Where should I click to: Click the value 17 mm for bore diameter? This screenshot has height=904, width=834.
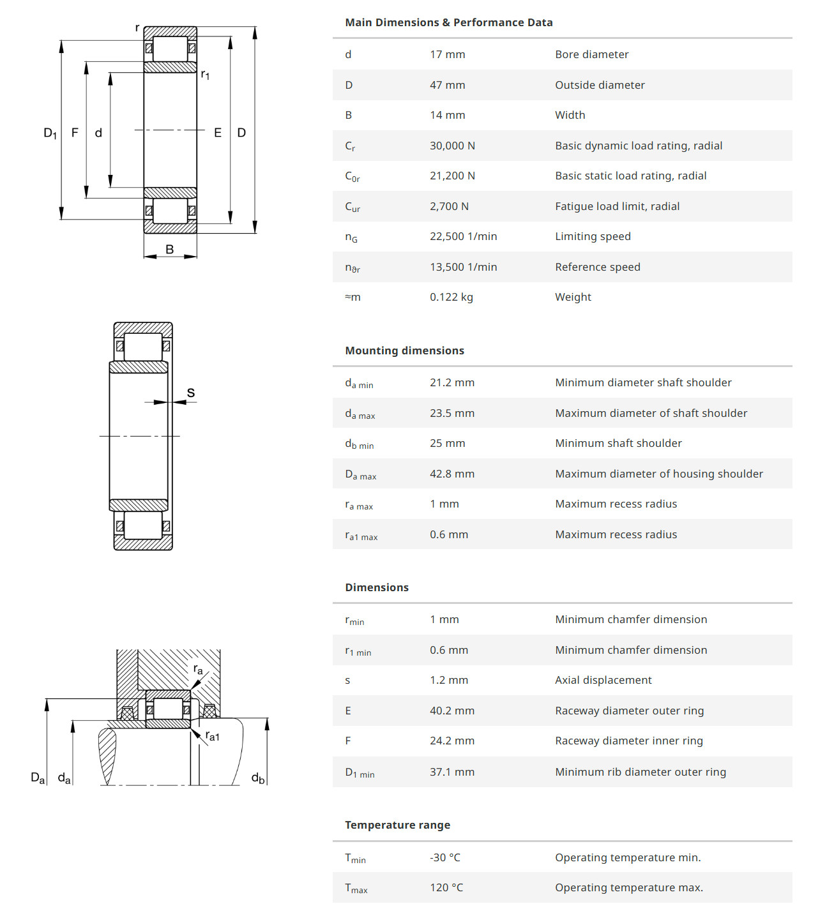[447, 55]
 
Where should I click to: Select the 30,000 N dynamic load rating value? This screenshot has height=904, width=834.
[452, 146]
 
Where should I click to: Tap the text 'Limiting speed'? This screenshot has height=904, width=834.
[593, 237]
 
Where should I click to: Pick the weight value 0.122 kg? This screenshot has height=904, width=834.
[451, 298]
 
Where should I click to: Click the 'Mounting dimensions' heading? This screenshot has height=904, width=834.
[404, 350]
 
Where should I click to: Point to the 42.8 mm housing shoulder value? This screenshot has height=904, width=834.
[451, 474]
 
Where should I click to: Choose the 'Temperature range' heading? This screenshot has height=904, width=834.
[397, 825]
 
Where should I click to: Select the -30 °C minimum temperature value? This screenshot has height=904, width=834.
[444, 857]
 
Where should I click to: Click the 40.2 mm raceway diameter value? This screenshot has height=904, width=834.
[451, 711]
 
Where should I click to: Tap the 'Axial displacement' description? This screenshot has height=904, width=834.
[603, 681]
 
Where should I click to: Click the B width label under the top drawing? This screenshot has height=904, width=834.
[170, 250]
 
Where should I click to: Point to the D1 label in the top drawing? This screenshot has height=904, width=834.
[50, 133]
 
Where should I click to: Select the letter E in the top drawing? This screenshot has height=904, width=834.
[218, 133]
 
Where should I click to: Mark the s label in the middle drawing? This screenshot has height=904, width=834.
[190, 393]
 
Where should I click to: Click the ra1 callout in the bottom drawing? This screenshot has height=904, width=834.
[212, 736]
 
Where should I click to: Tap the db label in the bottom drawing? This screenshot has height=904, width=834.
[257, 778]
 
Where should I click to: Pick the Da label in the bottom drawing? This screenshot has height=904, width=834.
[38, 778]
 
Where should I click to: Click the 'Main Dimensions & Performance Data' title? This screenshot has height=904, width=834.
[448, 23]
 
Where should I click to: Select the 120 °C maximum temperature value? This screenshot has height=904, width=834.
[446, 888]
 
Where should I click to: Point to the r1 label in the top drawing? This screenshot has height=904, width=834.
[205, 75]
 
